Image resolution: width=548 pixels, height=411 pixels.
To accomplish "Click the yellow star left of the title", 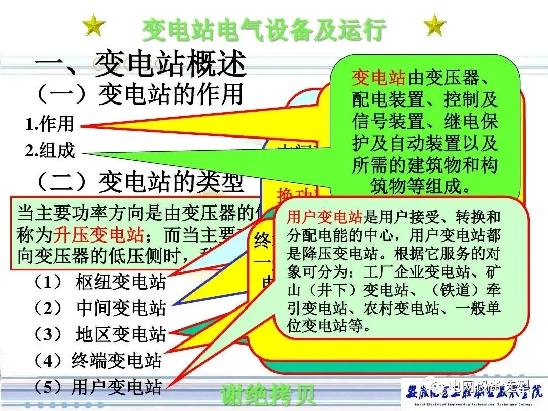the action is pyautogui.click(x=94, y=25).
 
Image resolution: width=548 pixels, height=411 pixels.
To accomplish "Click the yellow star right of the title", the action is pyautogui.click(x=435, y=25).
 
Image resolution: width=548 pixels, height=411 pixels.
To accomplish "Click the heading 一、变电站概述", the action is pyautogui.click(x=140, y=64).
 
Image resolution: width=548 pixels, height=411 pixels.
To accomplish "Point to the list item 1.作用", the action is pyautogui.click(x=50, y=124).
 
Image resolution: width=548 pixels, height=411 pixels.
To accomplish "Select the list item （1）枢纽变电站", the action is pyautogui.click(x=100, y=282).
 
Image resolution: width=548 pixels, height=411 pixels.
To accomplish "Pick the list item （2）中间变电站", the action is pyautogui.click(x=100, y=308).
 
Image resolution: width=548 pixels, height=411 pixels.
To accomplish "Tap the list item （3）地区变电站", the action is pyautogui.click(x=100, y=334).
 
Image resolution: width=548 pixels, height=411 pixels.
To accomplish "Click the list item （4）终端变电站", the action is pyautogui.click(x=97, y=360).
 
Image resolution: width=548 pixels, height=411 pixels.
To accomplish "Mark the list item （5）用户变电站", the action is pyautogui.click(x=97, y=387).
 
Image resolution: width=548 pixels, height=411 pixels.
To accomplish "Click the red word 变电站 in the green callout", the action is pyautogui.click(x=379, y=79).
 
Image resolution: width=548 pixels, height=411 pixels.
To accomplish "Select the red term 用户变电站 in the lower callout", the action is pyautogui.click(x=325, y=218).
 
